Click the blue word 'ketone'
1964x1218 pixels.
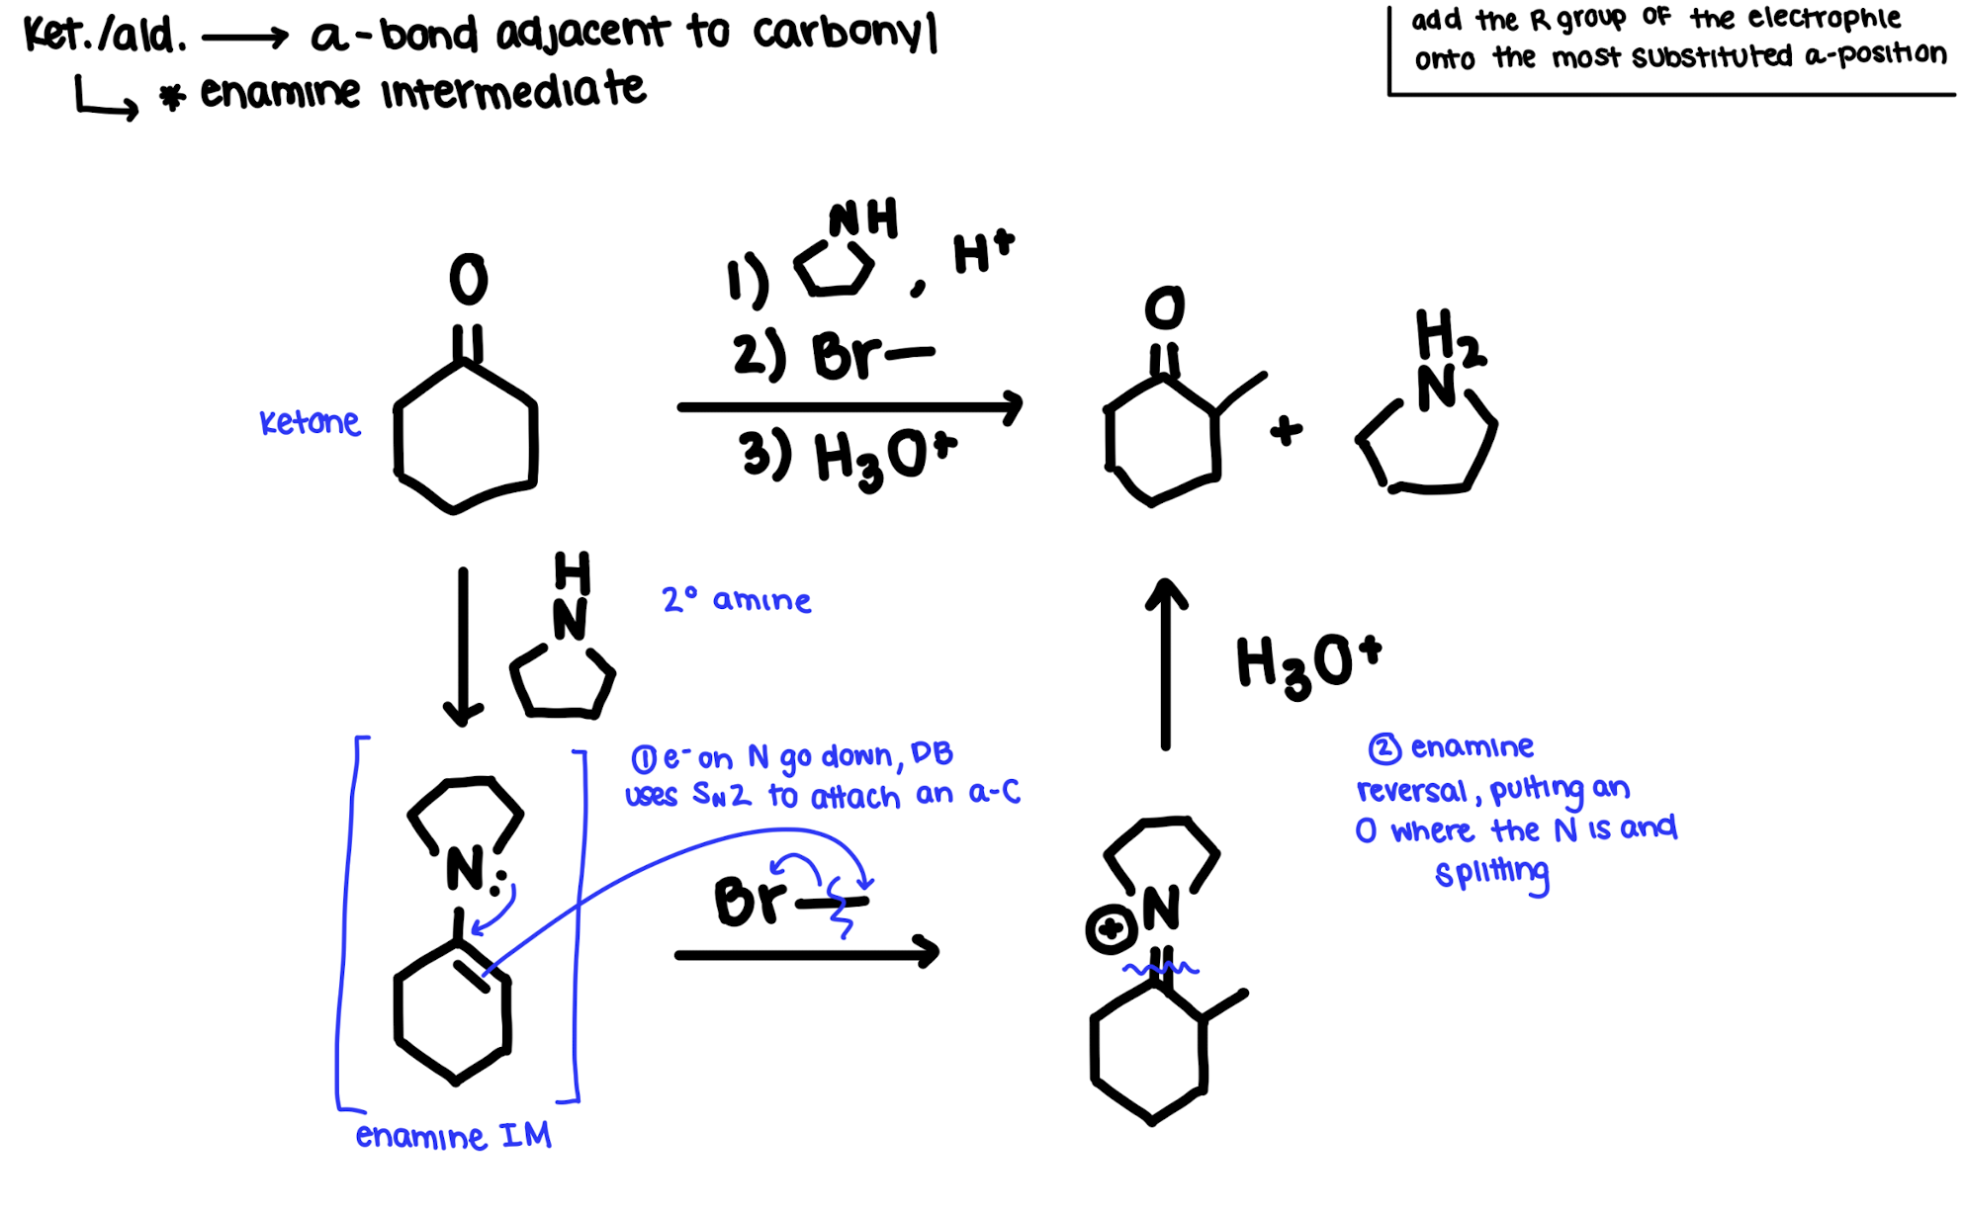(310, 422)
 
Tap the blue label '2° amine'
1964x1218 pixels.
(736, 599)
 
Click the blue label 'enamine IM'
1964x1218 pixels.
(453, 1136)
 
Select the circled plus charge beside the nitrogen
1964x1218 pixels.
(1110, 929)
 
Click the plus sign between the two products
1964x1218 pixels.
(1286, 430)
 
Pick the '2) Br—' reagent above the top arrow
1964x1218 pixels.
(833, 355)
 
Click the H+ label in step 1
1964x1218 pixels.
(982, 251)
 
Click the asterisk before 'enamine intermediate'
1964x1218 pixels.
(173, 97)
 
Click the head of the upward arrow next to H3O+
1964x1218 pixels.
(1167, 590)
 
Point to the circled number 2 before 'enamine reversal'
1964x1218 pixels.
(1384, 748)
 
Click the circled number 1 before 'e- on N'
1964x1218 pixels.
(643, 759)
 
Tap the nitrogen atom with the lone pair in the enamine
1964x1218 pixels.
(465, 868)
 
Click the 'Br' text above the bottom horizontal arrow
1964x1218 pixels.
(749, 901)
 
